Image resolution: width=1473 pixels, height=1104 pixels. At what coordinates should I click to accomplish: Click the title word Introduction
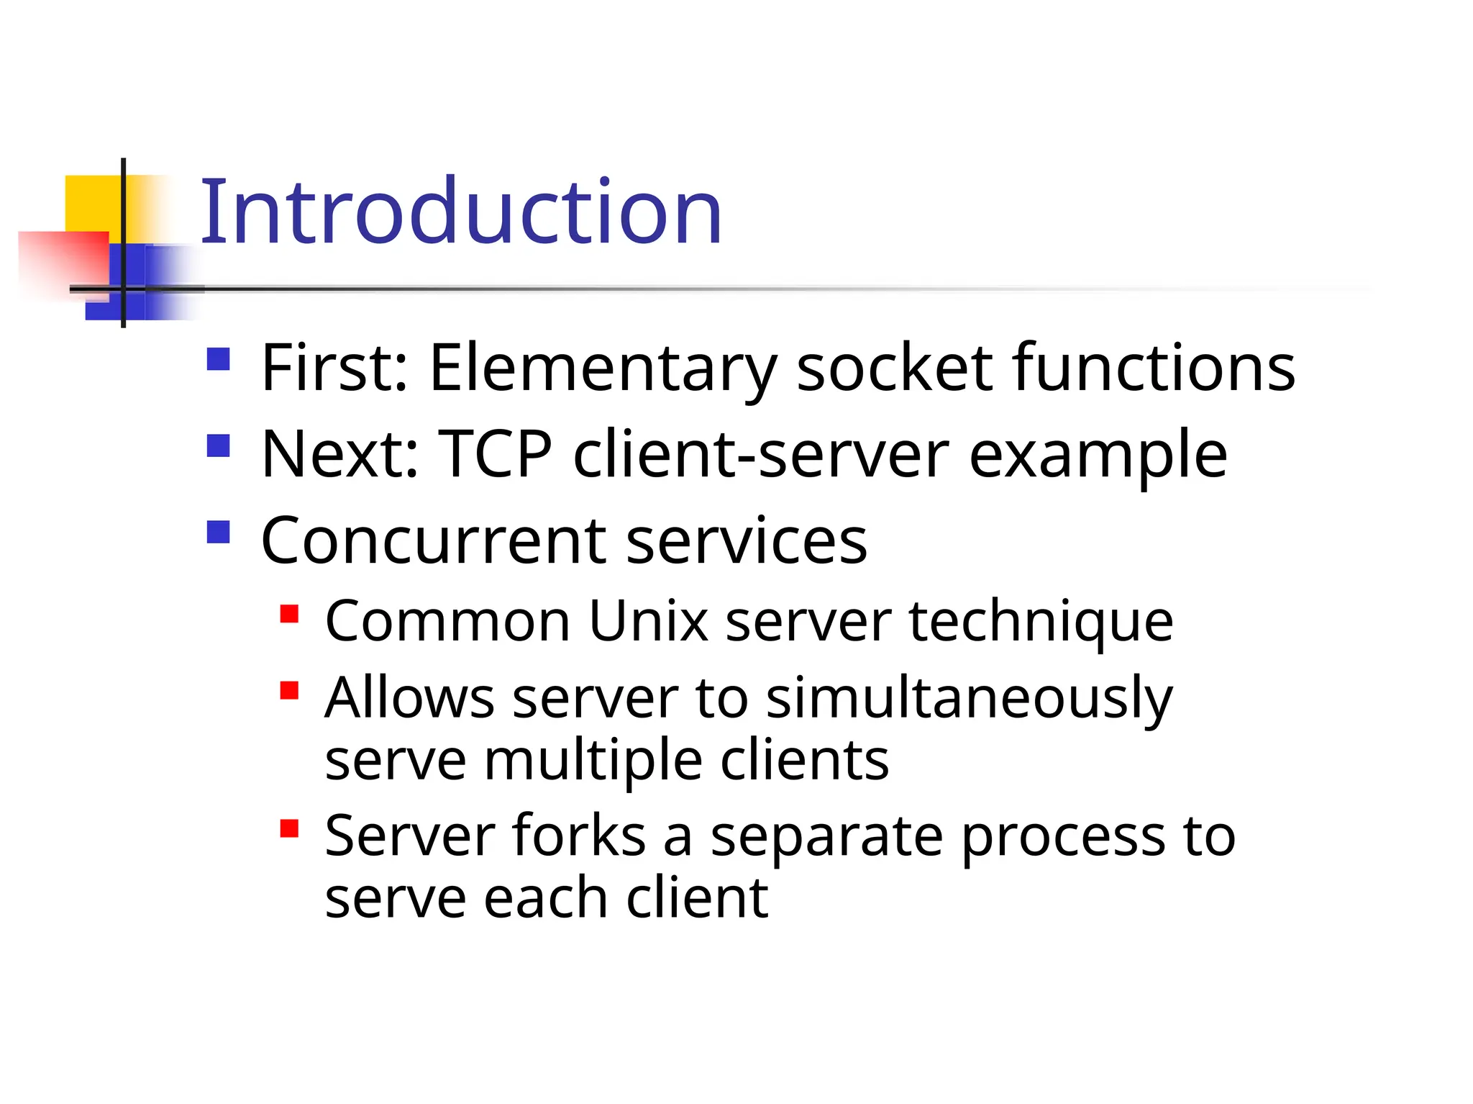tap(460, 212)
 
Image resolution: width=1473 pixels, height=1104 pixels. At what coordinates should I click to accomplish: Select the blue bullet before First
tap(218, 359)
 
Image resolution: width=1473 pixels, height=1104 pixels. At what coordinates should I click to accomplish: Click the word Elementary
tap(603, 368)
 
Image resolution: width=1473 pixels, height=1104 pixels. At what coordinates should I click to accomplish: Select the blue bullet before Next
tap(218, 445)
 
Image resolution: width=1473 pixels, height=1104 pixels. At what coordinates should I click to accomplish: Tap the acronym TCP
tap(495, 454)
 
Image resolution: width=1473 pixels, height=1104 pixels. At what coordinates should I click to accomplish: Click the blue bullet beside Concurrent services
tap(218, 532)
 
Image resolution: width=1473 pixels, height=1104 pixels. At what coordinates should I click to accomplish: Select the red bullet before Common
tap(289, 614)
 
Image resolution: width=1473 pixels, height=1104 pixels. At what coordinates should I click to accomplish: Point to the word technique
tap(1041, 623)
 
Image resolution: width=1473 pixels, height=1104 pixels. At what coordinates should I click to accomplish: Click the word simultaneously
tap(969, 700)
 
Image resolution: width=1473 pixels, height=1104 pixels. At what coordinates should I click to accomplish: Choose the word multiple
tap(593, 761)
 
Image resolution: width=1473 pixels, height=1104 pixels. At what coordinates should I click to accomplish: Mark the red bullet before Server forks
tap(289, 829)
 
